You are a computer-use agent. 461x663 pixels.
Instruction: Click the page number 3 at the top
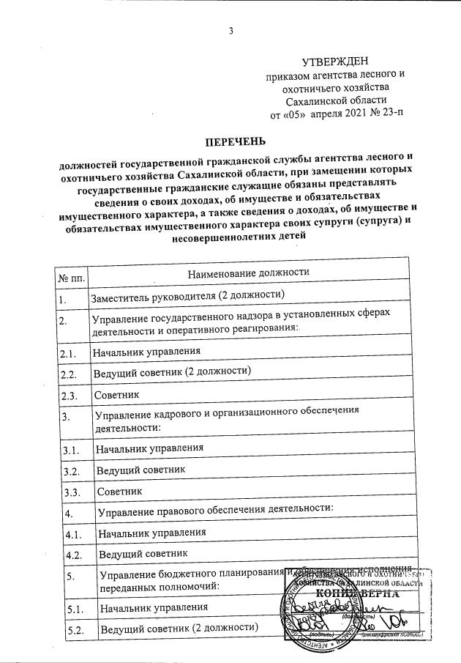(x=231, y=32)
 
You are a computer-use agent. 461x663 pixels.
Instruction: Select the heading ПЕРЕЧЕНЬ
(x=235, y=141)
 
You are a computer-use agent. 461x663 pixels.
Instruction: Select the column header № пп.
(x=70, y=277)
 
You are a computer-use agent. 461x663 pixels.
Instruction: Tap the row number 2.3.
(x=69, y=394)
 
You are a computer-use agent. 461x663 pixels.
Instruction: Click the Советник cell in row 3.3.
(x=119, y=489)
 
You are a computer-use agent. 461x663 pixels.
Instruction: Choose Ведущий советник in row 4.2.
(x=145, y=554)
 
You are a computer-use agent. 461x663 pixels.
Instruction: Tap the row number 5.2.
(x=72, y=631)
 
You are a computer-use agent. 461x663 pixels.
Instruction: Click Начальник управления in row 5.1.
(x=154, y=608)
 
